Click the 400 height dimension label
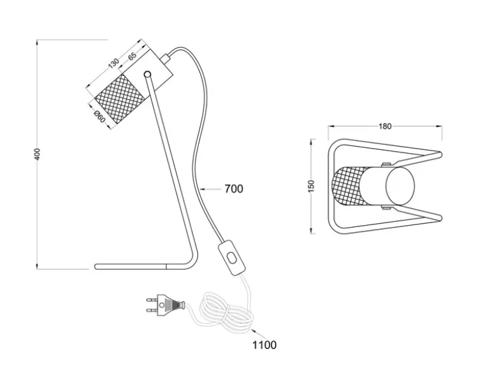click(38, 154)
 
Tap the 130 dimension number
click(113, 63)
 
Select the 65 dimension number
click(132, 56)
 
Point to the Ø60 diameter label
click(99, 116)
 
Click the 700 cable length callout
click(234, 189)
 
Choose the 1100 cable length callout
click(264, 345)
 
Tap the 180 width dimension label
click(385, 126)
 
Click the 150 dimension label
click(311, 186)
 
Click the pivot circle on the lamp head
click(147, 74)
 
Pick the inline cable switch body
click(232, 258)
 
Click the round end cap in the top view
click(400, 186)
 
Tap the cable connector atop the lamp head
click(165, 59)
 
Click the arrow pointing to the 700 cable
click(210, 189)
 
